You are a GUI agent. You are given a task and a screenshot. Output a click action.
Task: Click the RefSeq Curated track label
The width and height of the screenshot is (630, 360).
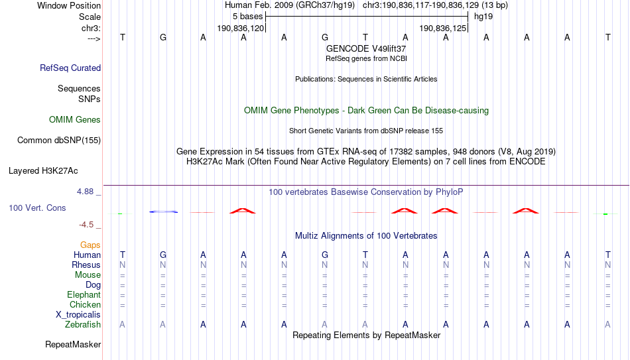[70, 68]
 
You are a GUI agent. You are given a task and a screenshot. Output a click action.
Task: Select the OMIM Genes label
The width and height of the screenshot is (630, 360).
[75, 120]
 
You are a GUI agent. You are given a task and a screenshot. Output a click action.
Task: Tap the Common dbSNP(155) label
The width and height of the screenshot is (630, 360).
[59, 141]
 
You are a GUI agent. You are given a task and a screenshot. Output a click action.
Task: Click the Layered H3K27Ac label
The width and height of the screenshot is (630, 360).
[43, 171]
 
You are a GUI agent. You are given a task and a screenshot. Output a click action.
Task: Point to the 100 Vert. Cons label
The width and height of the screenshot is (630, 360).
[37, 208]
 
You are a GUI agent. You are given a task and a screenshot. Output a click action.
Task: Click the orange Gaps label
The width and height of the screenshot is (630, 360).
[90, 245]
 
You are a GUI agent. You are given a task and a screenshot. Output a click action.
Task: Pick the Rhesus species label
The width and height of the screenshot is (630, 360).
[86, 265]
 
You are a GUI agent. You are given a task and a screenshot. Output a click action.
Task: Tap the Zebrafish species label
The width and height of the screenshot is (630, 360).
[83, 324]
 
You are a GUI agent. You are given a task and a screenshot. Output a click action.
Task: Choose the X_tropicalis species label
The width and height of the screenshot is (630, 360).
[78, 315]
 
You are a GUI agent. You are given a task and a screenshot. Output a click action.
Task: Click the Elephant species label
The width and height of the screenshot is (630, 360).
[84, 294]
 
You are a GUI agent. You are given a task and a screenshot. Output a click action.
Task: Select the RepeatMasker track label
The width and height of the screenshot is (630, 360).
[73, 344]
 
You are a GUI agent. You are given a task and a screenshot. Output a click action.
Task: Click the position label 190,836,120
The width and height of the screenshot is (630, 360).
[241, 28]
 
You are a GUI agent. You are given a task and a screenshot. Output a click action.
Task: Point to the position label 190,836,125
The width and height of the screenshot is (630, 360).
[443, 28]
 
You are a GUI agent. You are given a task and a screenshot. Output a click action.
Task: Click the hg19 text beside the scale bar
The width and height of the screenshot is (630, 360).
[483, 17]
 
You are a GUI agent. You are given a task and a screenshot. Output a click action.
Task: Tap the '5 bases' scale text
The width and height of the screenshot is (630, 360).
[247, 17]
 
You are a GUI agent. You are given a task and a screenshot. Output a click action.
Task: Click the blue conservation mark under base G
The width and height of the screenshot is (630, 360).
[163, 211]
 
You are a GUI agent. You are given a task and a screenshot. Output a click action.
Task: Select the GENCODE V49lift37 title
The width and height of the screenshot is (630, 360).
[366, 48]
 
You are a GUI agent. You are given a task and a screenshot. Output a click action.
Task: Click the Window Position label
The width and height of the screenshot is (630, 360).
[69, 5]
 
